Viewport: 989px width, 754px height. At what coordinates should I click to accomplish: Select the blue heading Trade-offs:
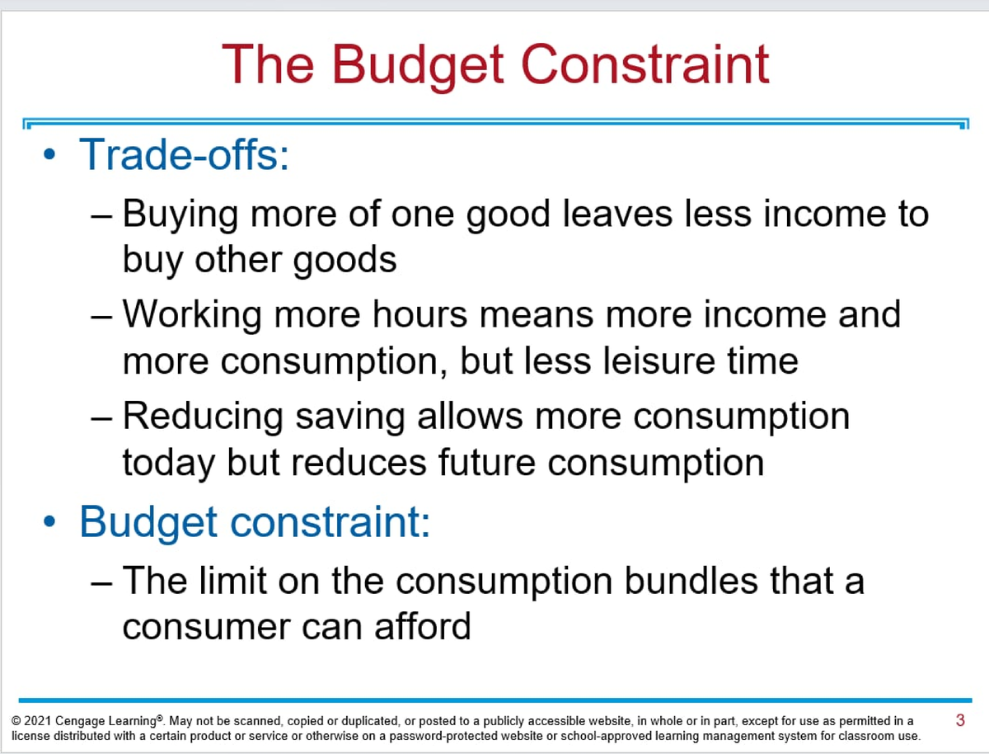[184, 153]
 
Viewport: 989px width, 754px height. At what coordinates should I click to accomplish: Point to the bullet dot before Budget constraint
[51, 522]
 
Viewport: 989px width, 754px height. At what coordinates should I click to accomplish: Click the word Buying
[181, 214]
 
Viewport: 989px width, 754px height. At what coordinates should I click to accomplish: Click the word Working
[194, 315]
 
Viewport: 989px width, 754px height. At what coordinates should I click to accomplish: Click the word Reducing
[200, 416]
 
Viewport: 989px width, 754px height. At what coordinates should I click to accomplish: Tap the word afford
[422, 627]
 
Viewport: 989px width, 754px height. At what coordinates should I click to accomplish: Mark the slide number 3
[959, 720]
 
